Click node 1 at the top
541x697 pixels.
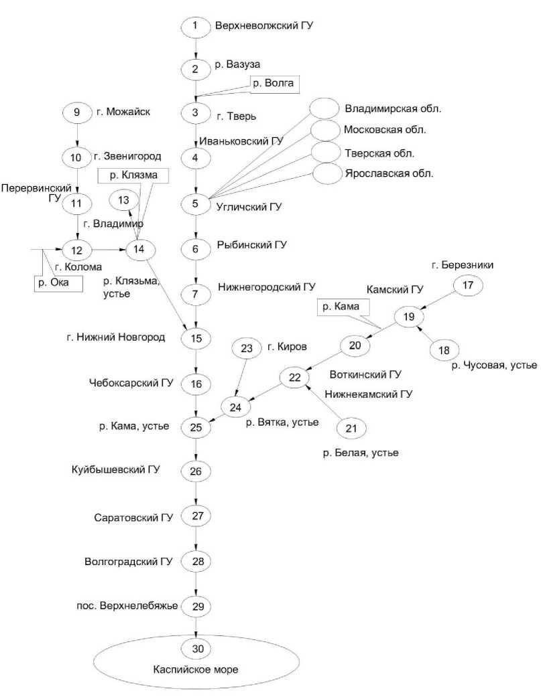coord(195,27)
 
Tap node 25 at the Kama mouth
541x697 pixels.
coord(196,427)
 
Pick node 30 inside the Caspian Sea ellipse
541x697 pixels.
coord(196,648)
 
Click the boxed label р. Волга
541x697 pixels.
coord(274,83)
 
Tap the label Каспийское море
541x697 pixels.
coord(196,669)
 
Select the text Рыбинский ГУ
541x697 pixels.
coord(251,245)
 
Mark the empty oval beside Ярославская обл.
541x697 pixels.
coord(326,173)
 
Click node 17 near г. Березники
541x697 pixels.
coord(468,286)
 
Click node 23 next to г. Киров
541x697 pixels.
coord(246,348)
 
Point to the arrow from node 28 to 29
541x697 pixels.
coord(196,583)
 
